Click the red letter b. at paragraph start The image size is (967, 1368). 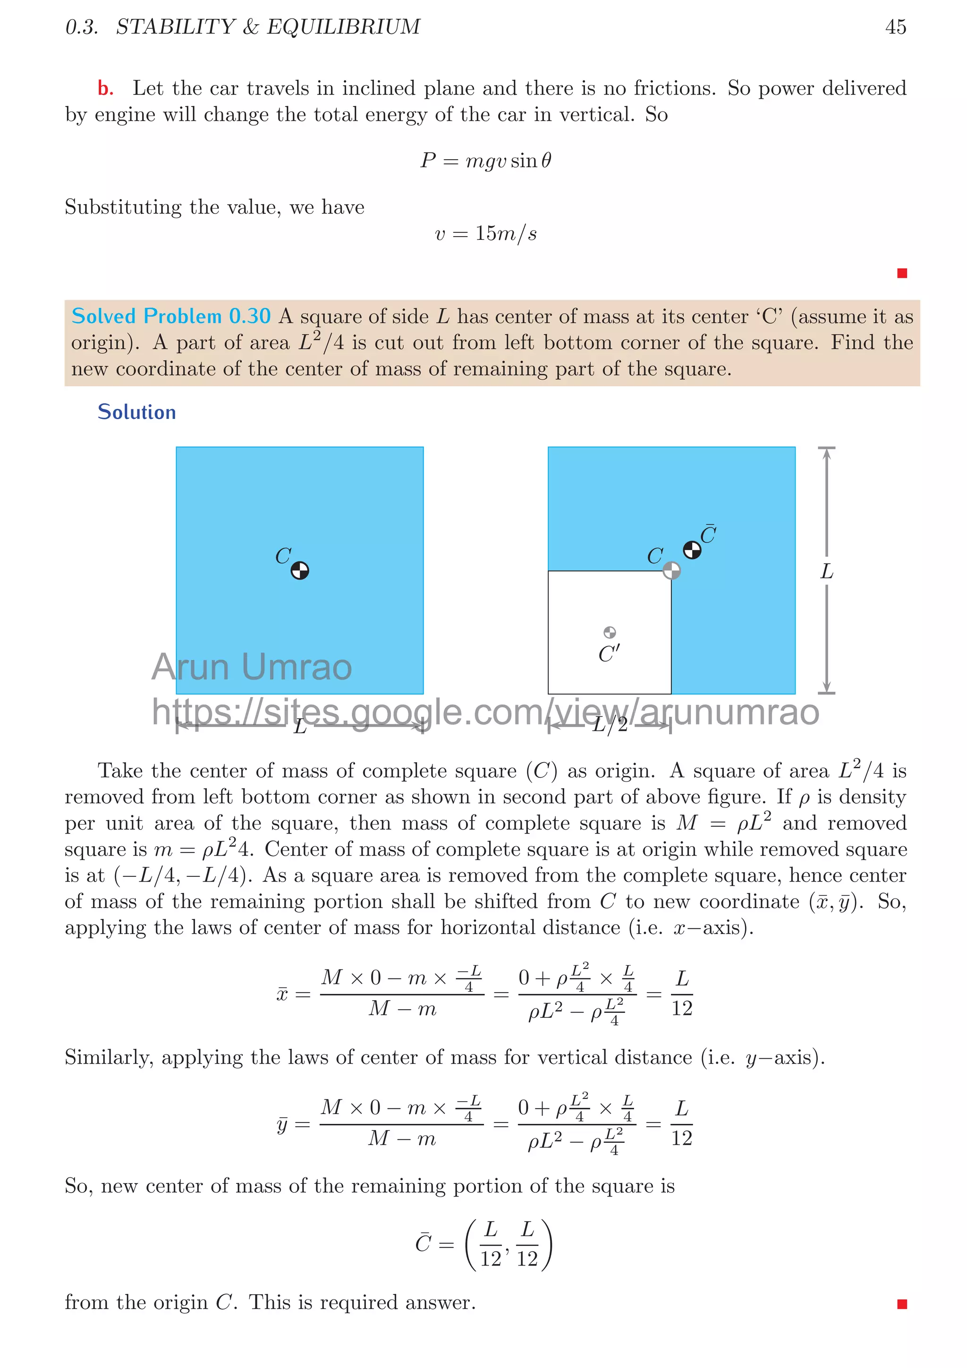105,89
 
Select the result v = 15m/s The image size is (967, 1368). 485,234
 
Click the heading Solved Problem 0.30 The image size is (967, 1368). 171,316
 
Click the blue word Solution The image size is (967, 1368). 136,412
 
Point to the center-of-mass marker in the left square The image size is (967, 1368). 300,571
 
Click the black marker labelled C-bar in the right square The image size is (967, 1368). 692,550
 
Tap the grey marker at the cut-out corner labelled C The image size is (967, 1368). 671,570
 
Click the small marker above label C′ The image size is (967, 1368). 610,632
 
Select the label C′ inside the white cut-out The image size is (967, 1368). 609,654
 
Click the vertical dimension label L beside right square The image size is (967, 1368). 826,571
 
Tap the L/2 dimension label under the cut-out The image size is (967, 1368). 610,724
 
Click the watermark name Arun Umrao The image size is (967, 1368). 252,667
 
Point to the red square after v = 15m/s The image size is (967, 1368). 901,273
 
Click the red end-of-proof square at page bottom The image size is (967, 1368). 901,1304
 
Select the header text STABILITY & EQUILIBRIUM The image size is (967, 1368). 268,27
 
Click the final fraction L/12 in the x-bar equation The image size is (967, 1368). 682,993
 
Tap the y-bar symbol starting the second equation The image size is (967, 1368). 282,1124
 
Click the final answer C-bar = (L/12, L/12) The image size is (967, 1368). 484,1245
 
